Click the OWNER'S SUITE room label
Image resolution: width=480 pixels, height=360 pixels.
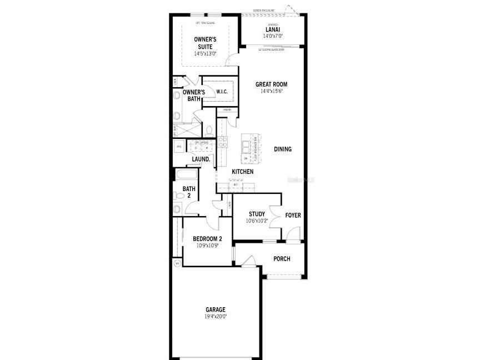pos(205,43)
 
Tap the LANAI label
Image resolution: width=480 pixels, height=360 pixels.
pos(272,29)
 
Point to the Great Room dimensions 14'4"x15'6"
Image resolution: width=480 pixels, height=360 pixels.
pos(271,92)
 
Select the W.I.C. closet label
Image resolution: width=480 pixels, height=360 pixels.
pos(222,92)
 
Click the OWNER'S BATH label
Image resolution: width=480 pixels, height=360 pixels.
pos(194,96)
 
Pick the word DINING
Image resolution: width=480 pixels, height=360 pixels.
pos(282,149)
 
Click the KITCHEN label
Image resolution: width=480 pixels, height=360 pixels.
pos(243,172)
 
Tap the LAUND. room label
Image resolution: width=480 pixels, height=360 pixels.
pos(201,159)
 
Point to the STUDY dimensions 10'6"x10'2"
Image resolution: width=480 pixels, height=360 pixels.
pos(257,221)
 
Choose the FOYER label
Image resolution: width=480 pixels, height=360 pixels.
pos(293,215)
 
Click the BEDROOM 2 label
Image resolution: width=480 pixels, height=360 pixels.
pos(207,239)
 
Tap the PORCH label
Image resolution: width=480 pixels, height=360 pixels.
pos(282,259)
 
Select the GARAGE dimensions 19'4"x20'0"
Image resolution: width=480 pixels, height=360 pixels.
pos(216,317)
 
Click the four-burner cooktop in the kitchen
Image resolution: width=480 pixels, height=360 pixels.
pos(223,142)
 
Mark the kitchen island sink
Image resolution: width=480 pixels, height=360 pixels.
pos(245,146)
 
